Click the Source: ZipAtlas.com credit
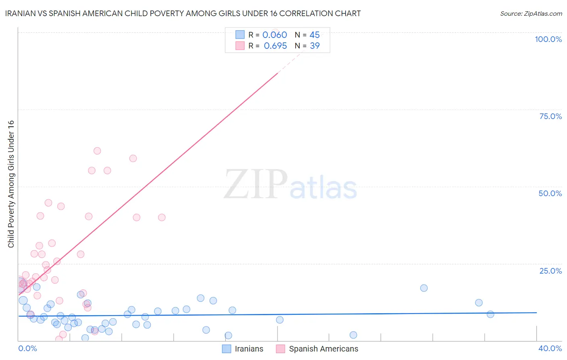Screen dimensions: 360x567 tap(531, 13)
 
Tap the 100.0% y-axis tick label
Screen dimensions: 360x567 tap(548, 39)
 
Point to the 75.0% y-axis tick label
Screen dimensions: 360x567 tap(550, 116)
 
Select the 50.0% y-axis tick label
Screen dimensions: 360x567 tap(550, 193)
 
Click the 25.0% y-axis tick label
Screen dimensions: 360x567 tap(550, 271)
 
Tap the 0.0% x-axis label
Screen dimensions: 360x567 tap(27, 348)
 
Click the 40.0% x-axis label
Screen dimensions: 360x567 tap(550, 348)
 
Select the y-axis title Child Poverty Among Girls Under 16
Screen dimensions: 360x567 tap(11, 184)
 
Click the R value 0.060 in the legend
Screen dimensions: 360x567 tap(275, 35)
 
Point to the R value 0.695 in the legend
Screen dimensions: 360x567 tap(275, 46)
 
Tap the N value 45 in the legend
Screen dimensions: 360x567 tap(315, 35)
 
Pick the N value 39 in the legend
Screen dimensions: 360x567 tap(315, 46)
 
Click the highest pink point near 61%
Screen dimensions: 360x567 tap(97, 151)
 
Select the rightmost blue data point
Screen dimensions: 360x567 tap(490, 314)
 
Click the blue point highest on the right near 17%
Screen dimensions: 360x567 tap(424, 288)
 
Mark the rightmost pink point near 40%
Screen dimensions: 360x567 tap(162, 218)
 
